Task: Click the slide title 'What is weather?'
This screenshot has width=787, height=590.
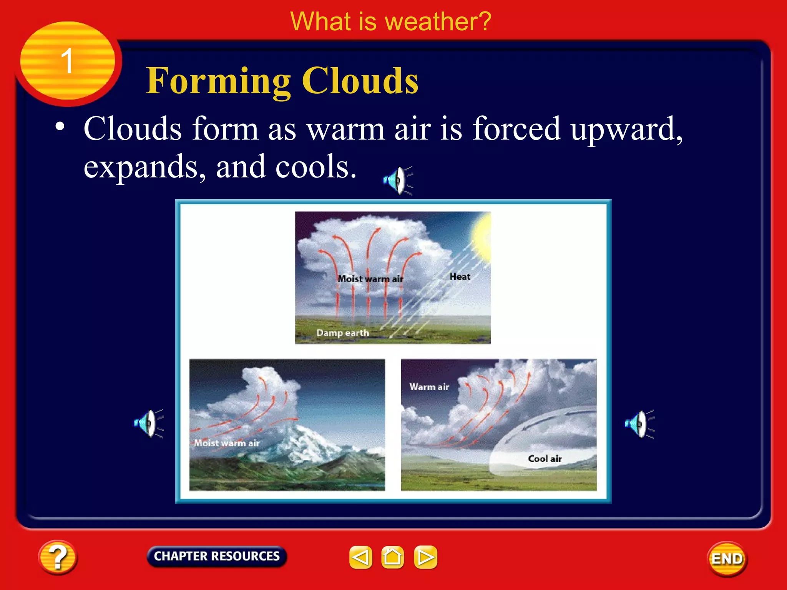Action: point(390,22)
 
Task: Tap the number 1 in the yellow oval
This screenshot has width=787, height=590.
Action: point(67,61)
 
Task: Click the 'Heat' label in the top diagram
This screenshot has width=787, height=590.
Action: point(460,277)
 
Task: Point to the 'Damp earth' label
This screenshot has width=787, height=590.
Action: point(342,333)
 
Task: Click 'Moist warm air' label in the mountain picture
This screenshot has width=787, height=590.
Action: point(226,443)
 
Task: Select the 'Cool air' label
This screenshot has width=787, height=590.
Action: point(545,459)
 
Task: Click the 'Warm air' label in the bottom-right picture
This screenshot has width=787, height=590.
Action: point(429,387)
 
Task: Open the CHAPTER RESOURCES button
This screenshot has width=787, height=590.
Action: point(217,556)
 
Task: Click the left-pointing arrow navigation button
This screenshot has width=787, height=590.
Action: point(360,557)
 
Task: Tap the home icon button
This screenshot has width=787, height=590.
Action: point(392,557)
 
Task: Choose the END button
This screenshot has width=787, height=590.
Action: point(727,559)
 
